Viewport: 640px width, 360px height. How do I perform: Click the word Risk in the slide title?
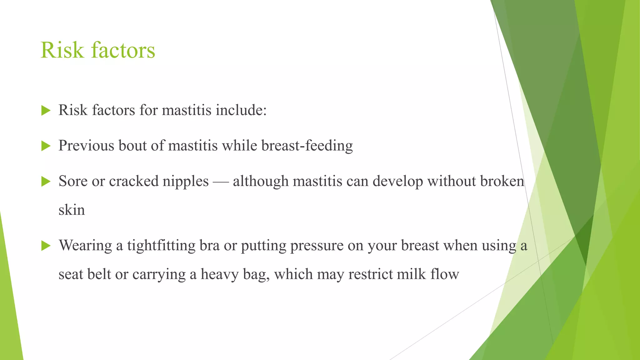coord(62,50)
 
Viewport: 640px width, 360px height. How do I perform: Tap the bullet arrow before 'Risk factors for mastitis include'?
coord(46,110)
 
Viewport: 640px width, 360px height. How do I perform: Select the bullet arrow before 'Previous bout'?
coord(46,146)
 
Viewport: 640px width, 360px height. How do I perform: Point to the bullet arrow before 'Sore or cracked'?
coord(46,181)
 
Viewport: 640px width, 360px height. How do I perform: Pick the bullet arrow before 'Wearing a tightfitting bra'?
coord(46,246)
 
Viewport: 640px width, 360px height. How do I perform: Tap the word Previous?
coord(86,146)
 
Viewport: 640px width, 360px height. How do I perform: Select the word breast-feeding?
coord(307,146)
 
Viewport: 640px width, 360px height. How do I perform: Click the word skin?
coord(72,210)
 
